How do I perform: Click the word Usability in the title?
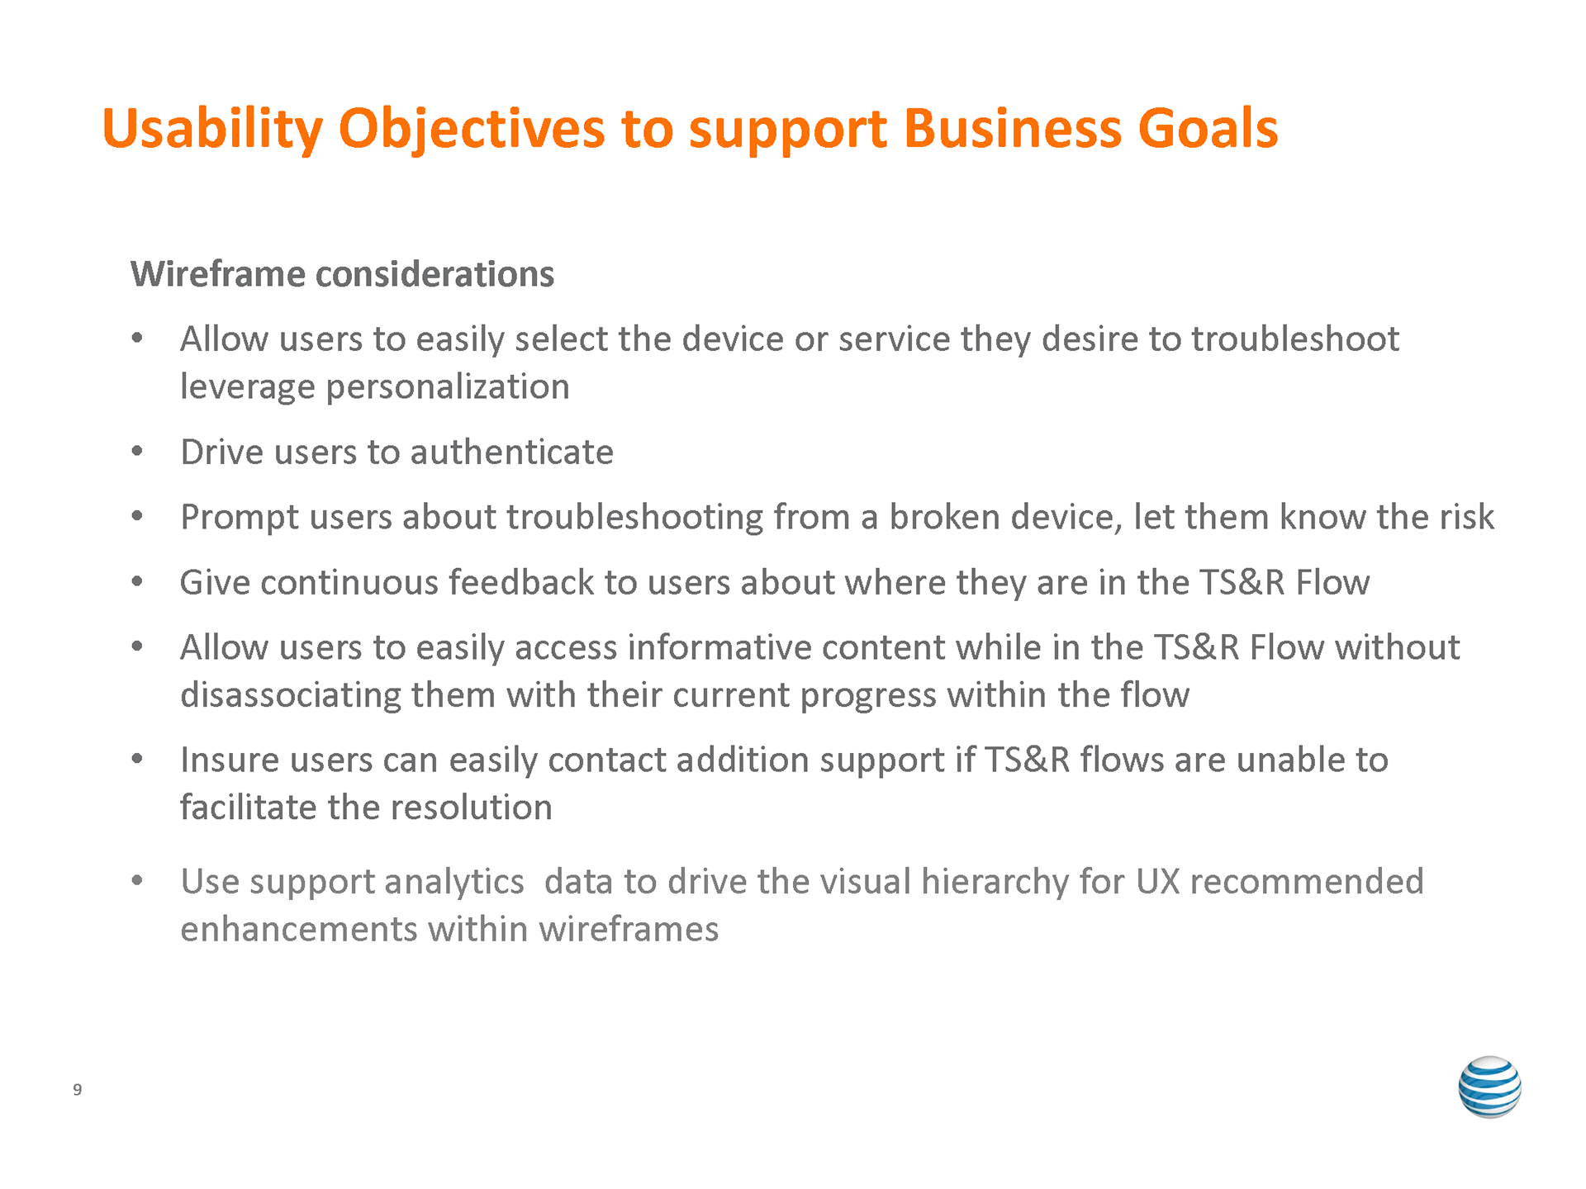pyautogui.click(x=212, y=129)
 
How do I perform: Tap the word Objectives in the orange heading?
pyautogui.click(x=472, y=129)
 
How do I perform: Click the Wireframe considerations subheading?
pyautogui.click(x=342, y=274)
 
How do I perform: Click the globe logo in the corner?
pyautogui.click(x=1489, y=1087)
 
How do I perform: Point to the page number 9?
pyautogui.click(x=78, y=1090)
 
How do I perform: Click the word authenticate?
pyautogui.click(x=512, y=452)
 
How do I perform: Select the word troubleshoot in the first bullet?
pyautogui.click(x=1295, y=339)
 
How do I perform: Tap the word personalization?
pyautogui.click(x=448, y=387)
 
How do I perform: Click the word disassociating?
pyautogui.click(x=291, y=695)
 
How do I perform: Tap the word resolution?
pyautogui.click(x=472, y=808)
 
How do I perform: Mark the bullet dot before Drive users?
pyautogui.click(x=137, y=452)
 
